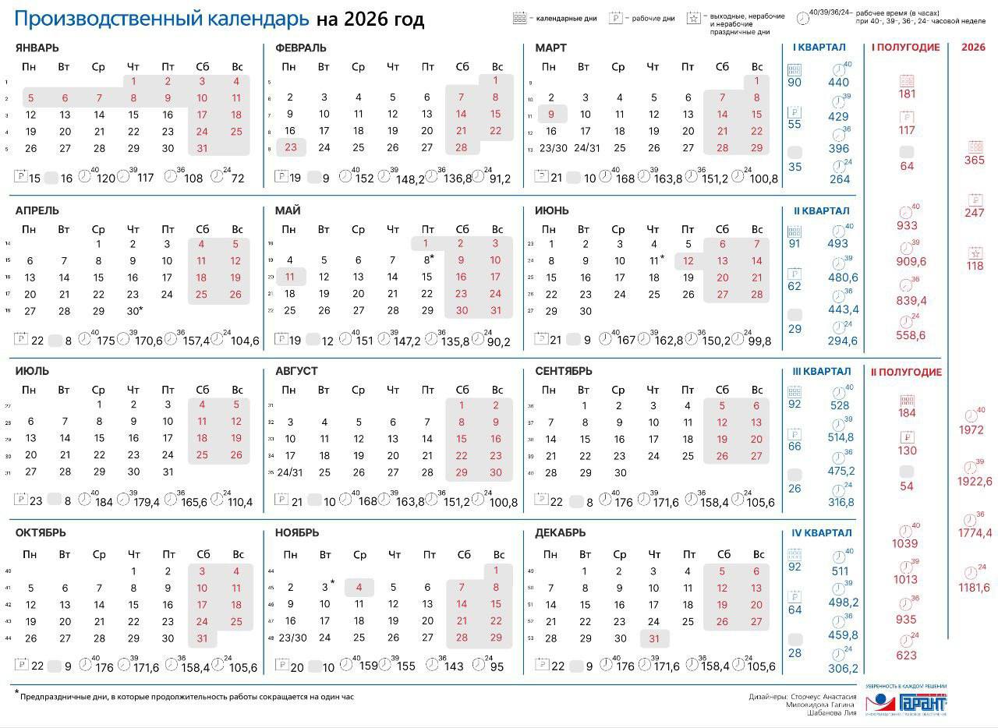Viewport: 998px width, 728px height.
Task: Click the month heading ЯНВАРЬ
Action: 37,48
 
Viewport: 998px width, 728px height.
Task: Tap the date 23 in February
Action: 290,147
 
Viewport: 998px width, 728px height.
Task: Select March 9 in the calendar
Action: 550,114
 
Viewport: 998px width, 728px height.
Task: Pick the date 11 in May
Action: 289,277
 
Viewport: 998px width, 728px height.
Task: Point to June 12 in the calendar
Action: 688,261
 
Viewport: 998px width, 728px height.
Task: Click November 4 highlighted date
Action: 359,587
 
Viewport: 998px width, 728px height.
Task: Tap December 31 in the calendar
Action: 654,638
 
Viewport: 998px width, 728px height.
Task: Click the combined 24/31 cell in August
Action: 289,472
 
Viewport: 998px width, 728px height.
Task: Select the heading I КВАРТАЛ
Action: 819,48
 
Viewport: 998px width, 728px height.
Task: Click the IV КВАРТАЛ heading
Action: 820,533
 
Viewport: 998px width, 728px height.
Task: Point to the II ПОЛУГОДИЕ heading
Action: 906,373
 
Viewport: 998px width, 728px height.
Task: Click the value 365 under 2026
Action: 974,161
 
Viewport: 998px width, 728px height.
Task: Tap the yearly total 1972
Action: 971,430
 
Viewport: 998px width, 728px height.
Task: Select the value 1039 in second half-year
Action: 905,543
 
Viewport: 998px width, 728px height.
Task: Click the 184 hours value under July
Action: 103,502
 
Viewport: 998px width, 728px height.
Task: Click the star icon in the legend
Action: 692,18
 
